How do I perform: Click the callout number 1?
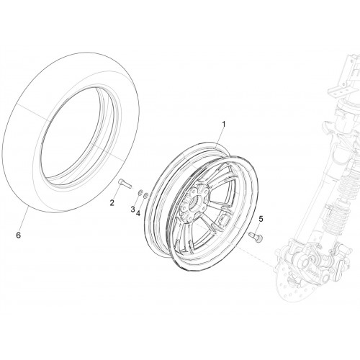click(224, 125)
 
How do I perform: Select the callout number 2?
click(112, 203)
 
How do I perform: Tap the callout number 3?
click(132, 210)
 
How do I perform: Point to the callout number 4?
click(138, 213)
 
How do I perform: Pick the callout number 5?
click(261, 219)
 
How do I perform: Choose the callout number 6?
click(19, 235)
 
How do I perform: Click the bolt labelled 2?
click(125, 184)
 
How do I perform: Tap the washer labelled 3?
click(140, 192)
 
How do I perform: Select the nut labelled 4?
click(145, 196)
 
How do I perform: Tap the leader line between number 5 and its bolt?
click(260, 228)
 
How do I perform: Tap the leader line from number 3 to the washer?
click(136, 200)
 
